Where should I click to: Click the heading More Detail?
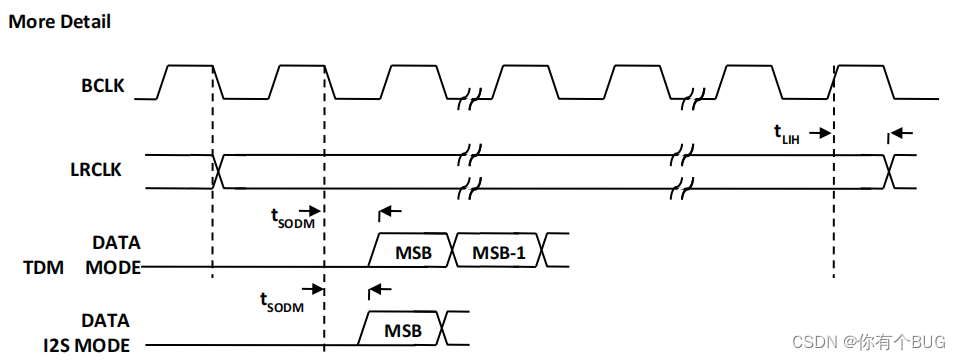click(59, 22)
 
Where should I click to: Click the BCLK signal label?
click(103, 86)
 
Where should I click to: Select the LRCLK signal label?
click(97, 171)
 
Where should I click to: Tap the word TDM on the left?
click(42, 268)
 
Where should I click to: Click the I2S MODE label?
click(85, 345)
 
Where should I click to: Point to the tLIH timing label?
click(787, 135)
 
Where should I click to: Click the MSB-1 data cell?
click(499, 252)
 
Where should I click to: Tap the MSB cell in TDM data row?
click(412, 252)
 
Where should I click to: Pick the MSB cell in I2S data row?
click(403, 329)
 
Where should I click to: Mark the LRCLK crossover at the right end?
click(889, 171)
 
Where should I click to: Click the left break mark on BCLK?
click(468, 99)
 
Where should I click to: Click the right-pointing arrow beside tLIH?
click(820, 132)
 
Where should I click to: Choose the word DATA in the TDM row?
click(116, 243)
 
